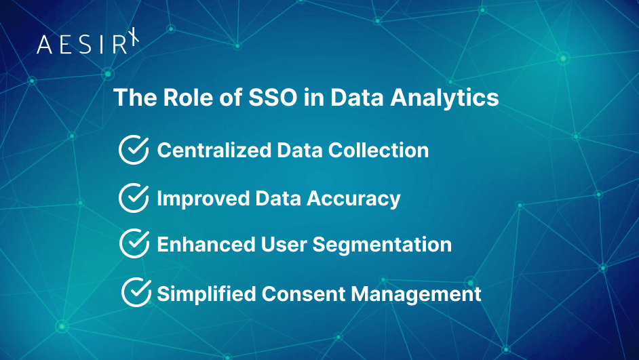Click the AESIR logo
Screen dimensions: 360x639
tap(87, 43)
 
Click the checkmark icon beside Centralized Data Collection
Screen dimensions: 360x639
tap(134, 150)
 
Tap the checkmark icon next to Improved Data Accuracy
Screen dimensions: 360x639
tap(134, 198)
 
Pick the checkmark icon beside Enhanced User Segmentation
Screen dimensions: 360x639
tap(134, 243)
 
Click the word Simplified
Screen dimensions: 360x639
tap(207, 294)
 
